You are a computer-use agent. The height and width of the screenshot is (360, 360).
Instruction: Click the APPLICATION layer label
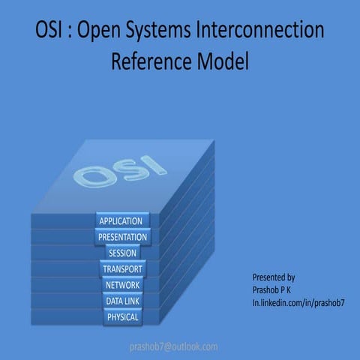pyautogui.click(x=122, y=221)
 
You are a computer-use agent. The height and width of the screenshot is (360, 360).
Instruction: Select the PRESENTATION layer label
pyautogui.click(x=122, y=237)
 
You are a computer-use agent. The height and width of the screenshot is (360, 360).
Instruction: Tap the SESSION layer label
pyautogui.click(x=122, y=253)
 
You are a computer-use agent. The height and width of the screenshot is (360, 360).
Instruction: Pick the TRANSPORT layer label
pyautogui.click(x=122, y=268)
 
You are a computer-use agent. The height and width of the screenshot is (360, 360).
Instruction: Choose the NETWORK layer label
pyautogui.click(x=122, y=285)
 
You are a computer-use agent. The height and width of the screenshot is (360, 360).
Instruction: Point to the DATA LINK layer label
pyautogui.click(x=122, y=301)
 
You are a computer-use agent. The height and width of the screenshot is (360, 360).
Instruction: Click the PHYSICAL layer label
pyautogui.click(x=122, y=317)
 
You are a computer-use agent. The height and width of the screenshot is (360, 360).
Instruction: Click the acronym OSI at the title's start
pyautogui.click(x=50, y=31)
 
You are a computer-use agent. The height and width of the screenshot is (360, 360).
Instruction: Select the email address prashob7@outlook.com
pyautogui.click(x=174, y=346)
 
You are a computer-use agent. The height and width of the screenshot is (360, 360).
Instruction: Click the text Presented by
pyautogui.click(x=274, y=277)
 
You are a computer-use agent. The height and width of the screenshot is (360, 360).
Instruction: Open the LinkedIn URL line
pyautogui.click(x=298, y=301)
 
